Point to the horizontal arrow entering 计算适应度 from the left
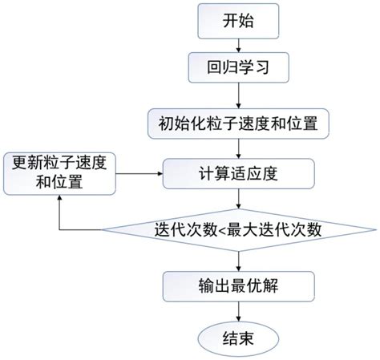141,171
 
